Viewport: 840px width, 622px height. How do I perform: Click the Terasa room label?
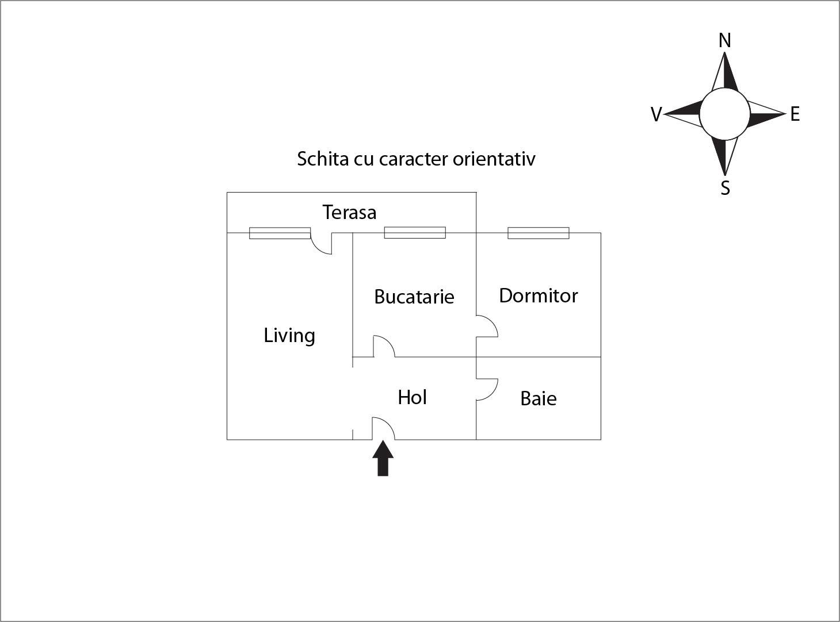click(349, 212)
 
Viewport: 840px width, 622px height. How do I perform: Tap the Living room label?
click(289, 336)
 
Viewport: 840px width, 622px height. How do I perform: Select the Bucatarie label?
click(414, 297)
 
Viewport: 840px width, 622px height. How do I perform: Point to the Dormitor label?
click(539, 295)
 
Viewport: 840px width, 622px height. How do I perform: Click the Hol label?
click(412, 397)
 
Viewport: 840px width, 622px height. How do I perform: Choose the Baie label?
click(539, 398)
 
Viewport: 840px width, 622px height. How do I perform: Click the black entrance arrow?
click(383, 458)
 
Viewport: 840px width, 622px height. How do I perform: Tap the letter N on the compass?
click(724, 40)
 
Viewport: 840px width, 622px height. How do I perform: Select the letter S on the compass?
click(725, 188)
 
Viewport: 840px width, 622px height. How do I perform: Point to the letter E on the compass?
click(795, 114)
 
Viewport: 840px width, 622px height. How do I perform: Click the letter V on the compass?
click(656, 114)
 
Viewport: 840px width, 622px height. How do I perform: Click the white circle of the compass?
click(724, 114)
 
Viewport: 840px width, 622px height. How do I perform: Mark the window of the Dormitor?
click(538, 233)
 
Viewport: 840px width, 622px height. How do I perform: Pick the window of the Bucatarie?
click(415, 232)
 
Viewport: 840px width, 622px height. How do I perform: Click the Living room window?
click(280, 233)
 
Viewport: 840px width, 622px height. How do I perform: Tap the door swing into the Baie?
click(487, 389)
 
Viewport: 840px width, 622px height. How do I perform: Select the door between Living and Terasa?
click(321, 243)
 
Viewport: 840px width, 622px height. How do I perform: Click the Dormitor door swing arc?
click(487, 326)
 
